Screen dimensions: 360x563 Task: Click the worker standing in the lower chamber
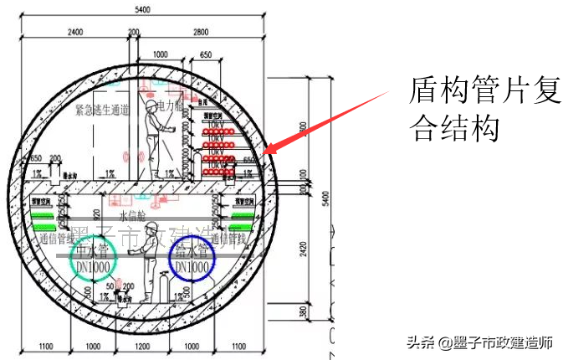[x=149, y=276]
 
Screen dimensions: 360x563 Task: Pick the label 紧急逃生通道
[x=102, y=110]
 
